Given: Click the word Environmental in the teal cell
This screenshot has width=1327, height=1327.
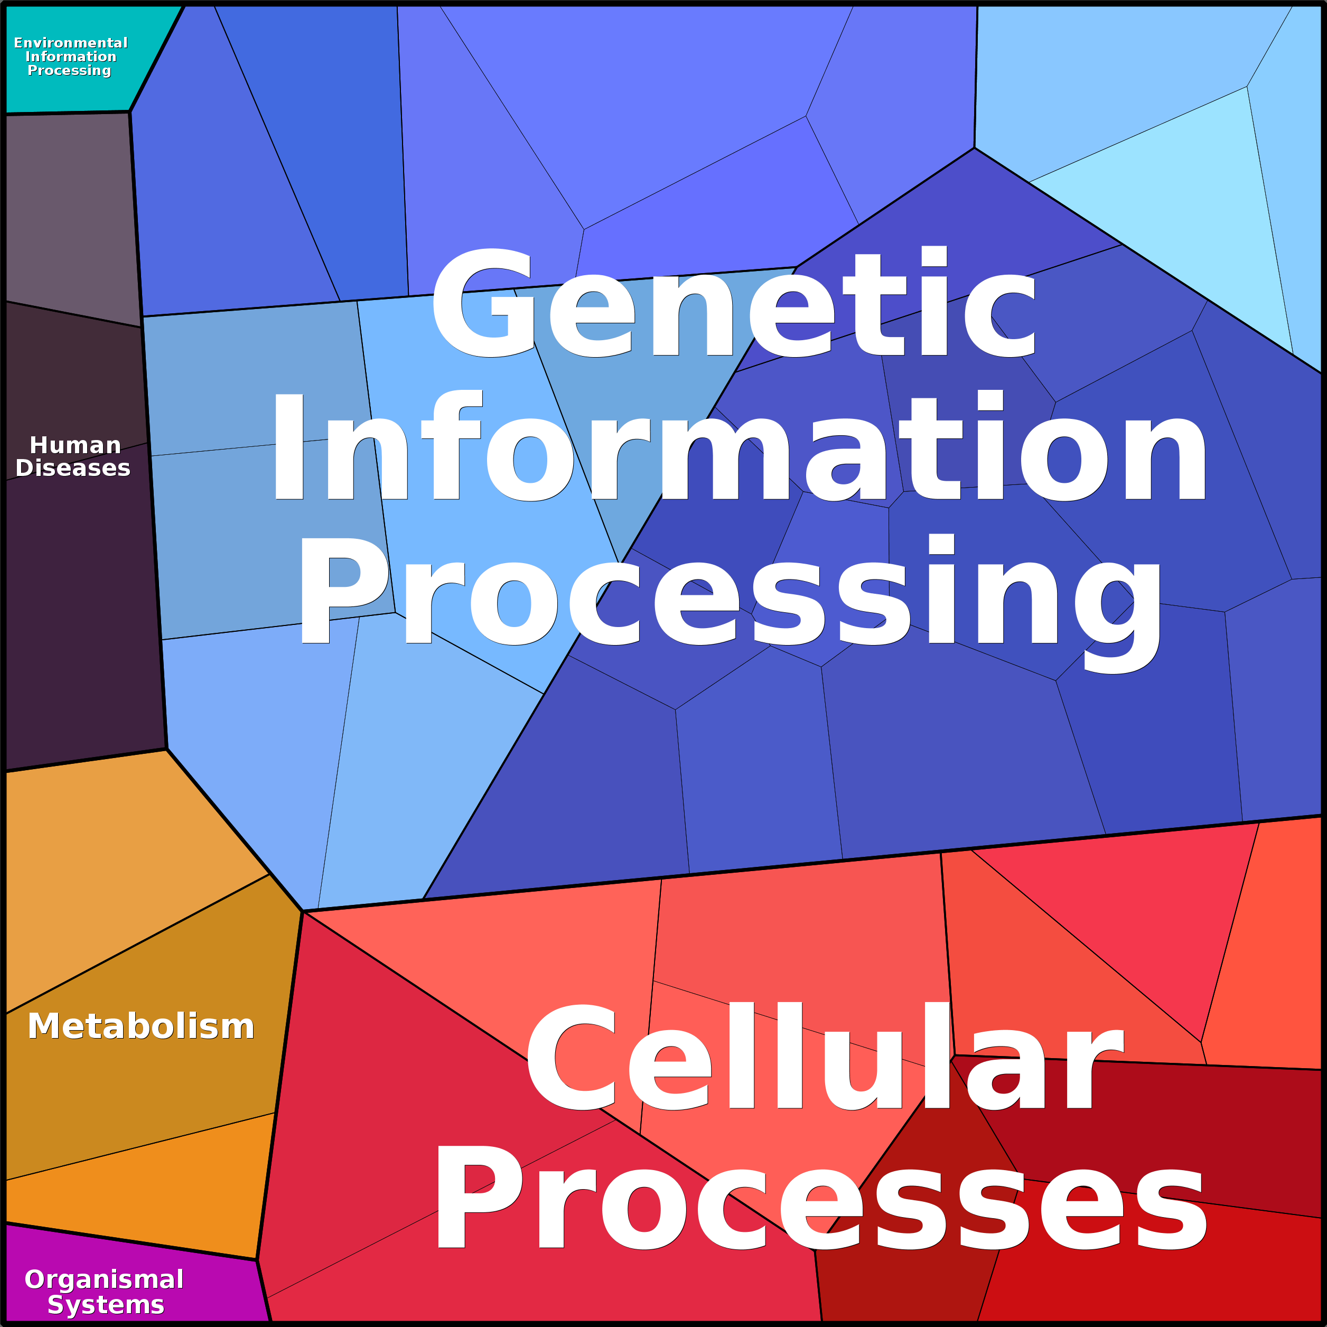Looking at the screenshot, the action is click(x=71, y=43).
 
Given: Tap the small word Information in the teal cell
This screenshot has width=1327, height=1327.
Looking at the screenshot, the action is click(x=71, y=57).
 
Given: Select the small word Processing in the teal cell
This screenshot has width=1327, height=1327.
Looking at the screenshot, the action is click(x=69, y=71).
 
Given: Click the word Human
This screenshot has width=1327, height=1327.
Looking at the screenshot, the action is click(x=76, y=445).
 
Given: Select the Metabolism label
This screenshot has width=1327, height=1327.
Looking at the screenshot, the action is click(x=141, y=1026).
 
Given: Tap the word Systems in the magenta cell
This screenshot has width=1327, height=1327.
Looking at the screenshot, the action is click(x=106, y=1304).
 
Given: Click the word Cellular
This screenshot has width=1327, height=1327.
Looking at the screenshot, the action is click(x=824, y=1055).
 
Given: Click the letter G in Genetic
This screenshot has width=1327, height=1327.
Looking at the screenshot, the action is click(x=483, y=303).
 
